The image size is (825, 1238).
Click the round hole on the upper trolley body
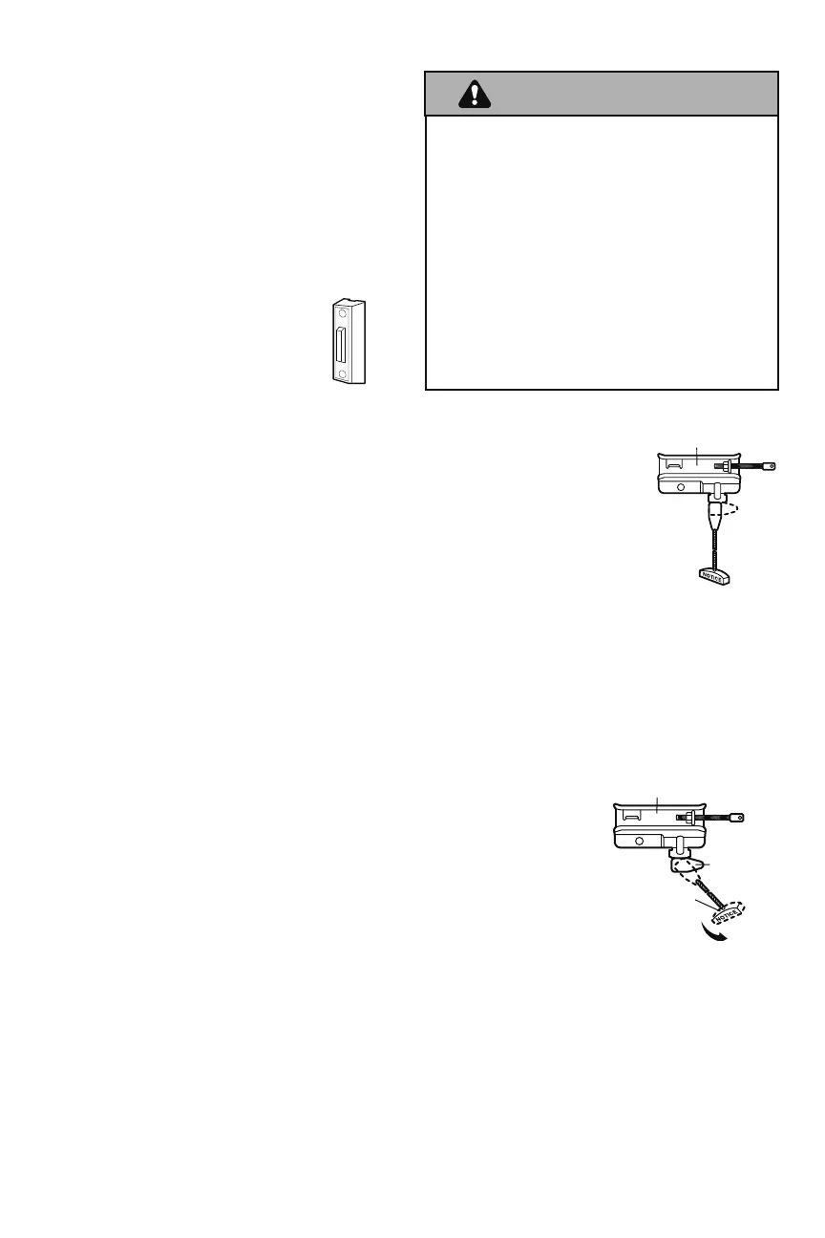tap(680, 485)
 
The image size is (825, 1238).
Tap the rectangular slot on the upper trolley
tap(674, 465)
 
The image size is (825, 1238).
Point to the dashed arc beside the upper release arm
tap(731, 507)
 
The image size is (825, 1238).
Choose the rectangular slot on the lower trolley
tap(630, 817)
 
